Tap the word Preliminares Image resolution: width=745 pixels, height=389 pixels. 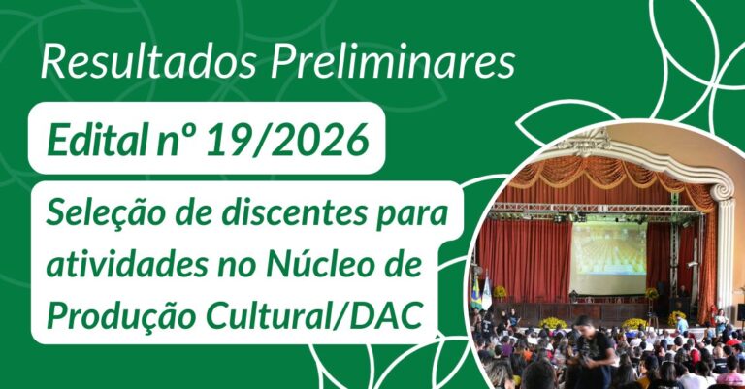tap(393, 63)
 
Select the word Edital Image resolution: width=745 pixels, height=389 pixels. tap(95, 140)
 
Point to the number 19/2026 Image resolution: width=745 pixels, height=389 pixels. tap(288, 140)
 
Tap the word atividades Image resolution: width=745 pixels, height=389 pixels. tap(127, 266)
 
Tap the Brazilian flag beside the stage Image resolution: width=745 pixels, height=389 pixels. tap(475, 291)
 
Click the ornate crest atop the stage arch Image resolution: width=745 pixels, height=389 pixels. tap(590, 142)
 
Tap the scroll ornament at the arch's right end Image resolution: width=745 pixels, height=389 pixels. tap(722, 190)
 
